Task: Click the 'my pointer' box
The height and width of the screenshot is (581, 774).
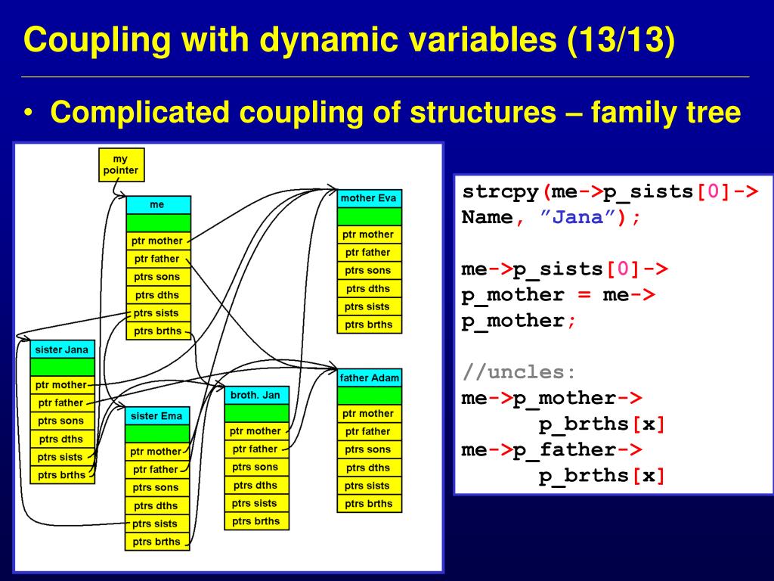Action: pyautogui.click(x=121, y=165)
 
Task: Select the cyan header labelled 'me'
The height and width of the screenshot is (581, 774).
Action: pyautogui.click(x=158, y=205)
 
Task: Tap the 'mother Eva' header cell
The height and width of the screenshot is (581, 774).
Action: pyautogui.click(x=369, y=199)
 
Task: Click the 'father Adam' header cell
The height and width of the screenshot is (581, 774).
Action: pyautogui.click(x=369, y=378)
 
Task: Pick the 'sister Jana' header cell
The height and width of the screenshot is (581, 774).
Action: pyautogui.click(x=62, y=350)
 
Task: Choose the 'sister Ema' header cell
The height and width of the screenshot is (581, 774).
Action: pyautogui.click(x=156, y=416)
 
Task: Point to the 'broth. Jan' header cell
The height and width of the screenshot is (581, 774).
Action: pyautogui.click(x=255, y=395)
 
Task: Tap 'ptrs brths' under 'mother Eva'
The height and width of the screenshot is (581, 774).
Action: pyautogui.click(x=369, y=325)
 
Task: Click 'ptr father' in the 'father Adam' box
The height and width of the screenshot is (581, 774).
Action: pyautogui.click(x=369, y=432)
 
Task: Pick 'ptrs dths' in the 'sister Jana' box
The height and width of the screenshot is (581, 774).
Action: pyautogui.click(x=62, y=440)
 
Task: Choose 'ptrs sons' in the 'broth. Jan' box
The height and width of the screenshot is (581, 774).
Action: pyautogui.click(x=255, y=468)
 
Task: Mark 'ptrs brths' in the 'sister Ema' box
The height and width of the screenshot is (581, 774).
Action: pyautogui.click(x=156, y=542)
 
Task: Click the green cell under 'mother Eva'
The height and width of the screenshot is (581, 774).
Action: pyautogui.click(x=369, y=216)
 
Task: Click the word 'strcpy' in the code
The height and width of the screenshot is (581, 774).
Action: pyautogui.click(x=500, y=191)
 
